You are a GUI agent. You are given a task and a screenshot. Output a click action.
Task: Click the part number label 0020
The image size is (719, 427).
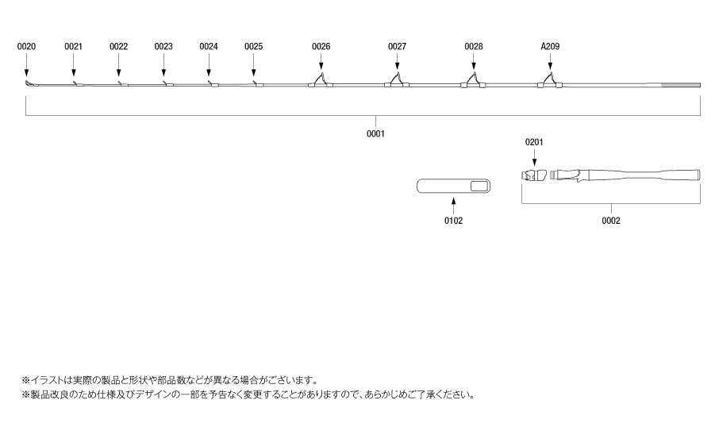(x=26, y=47)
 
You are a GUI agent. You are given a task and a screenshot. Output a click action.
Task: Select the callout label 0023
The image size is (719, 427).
(x=163, y=47)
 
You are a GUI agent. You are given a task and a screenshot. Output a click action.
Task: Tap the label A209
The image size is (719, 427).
(x=550, y=47)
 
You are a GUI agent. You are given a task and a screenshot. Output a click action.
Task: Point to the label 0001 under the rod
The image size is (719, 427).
(x=375, y=134)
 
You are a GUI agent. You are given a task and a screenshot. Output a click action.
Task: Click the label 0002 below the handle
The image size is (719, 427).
(x=610, y=221)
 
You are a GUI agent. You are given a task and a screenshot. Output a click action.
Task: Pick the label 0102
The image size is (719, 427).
(x=453, y=221)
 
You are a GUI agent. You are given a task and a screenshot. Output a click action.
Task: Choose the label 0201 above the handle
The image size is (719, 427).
(x=535, y=142)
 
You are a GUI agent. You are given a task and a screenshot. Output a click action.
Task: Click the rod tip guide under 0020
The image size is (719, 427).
(x=28, y=83)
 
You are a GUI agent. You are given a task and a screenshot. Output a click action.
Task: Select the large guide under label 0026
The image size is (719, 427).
(x=320, y=80)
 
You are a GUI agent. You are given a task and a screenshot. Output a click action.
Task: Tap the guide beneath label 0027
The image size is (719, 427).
(x=397, y=80)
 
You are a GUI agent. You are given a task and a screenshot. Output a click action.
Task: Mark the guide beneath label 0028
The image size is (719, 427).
(x=473, y=80)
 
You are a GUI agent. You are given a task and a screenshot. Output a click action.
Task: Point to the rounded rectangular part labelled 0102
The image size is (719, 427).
(x=453, y=187)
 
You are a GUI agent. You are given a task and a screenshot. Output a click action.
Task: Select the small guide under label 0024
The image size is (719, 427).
(x=210, y=83)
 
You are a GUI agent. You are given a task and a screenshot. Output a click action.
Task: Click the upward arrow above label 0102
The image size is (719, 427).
(x=453, y=206)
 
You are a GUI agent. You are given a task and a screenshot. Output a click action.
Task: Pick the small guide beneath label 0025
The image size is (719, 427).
(x=255, y=83)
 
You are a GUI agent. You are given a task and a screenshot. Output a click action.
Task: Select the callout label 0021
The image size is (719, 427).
(x=73, y=47)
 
